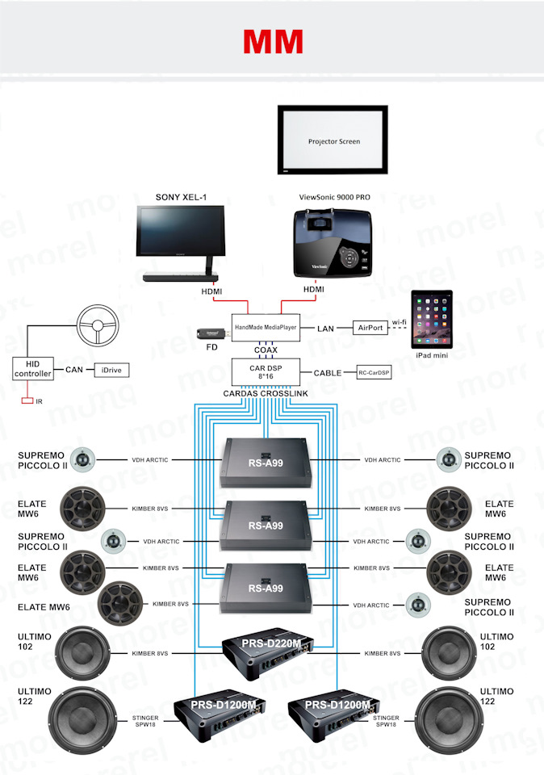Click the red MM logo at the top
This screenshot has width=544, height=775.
click(273, 40)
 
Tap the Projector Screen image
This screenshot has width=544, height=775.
click(334, 141)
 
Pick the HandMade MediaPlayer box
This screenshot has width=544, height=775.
click(266, 326)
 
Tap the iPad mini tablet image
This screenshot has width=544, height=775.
click(432, 320)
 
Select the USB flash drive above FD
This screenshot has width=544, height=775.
click(212, 333)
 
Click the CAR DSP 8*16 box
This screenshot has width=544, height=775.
click(266, 371)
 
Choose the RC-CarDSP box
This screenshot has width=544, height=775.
click(374, 373)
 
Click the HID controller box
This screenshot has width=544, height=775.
click(33, 369)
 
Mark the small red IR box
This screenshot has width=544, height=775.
click(27, 401)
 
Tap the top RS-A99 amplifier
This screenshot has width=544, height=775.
click(266, 463)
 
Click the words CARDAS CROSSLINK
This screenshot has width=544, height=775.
click(266, 393)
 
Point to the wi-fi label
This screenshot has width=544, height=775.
click(400, 322)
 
